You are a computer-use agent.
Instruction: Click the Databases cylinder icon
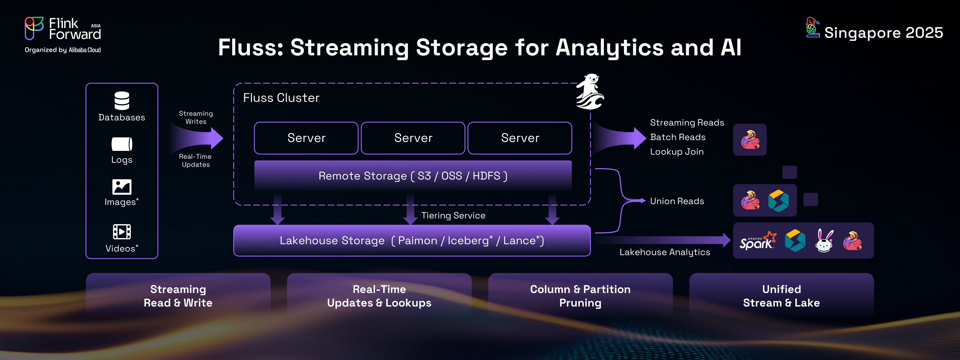(122, 101)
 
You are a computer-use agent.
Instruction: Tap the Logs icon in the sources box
(122, 144)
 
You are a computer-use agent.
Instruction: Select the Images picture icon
(122, 187)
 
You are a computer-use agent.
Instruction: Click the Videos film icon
(122, 232)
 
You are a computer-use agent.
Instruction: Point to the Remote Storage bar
(413, 175)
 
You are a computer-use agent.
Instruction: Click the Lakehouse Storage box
(412, 240)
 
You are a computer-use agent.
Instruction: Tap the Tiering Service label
(453, 215)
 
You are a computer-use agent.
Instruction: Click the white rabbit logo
(824, 241)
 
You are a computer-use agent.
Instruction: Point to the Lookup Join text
(677, 152)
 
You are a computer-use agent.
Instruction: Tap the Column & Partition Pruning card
(580, 295)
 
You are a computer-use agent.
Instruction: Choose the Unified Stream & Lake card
(782, 295)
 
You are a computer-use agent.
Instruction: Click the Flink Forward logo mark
(34, 28)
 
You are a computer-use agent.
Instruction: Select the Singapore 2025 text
(884, 33)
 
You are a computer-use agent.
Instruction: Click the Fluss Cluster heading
(281, 98)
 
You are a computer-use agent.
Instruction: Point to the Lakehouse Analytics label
(665, 252)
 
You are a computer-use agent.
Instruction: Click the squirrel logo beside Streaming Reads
(750, 140)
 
